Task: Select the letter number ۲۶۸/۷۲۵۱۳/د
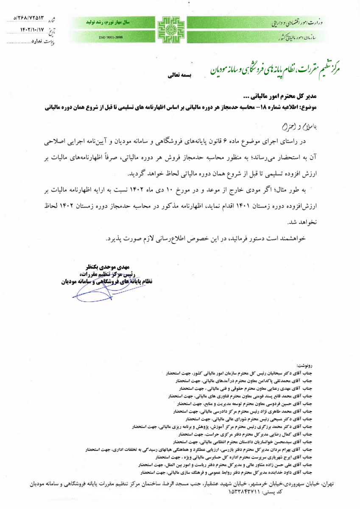tap(30, 19)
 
